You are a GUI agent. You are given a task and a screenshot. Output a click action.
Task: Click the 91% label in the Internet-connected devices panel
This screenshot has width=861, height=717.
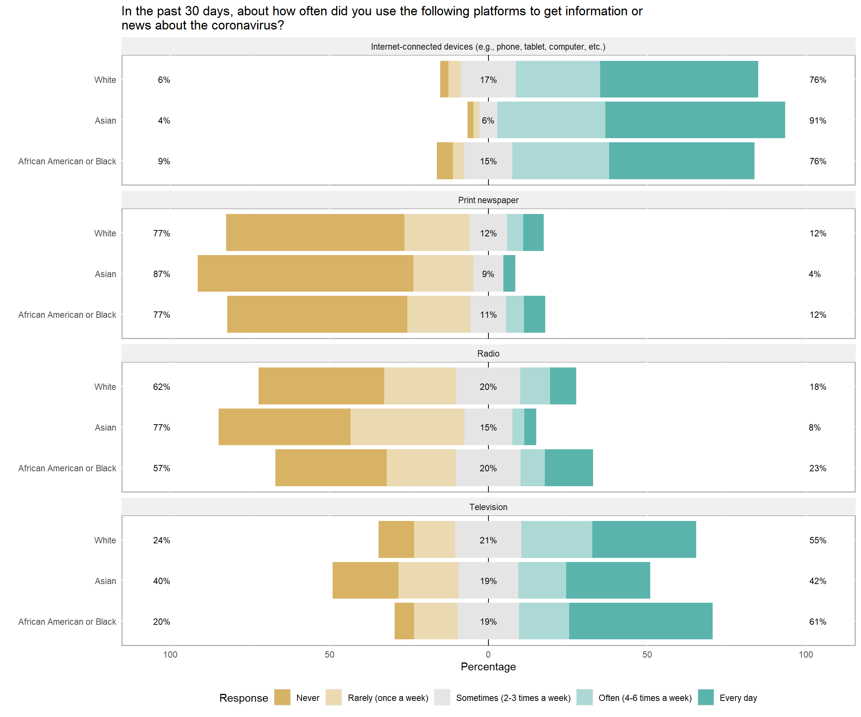817,121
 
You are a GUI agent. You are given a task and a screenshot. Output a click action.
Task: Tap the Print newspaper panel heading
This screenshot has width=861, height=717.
488,200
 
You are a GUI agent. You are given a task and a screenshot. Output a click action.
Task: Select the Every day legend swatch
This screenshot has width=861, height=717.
706,697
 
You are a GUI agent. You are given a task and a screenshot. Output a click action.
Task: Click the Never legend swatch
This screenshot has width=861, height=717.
282,697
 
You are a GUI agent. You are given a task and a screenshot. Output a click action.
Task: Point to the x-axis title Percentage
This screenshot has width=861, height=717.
488,667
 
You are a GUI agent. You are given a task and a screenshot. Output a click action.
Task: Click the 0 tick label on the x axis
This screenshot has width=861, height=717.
488,654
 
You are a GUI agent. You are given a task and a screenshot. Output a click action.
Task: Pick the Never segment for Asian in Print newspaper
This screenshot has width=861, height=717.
305,273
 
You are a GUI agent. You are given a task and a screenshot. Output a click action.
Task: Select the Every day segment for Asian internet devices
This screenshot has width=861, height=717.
695,120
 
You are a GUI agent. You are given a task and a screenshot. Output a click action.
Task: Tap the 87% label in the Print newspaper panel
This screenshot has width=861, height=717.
161,274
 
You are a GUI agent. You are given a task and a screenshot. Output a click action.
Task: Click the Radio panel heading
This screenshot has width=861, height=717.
488,354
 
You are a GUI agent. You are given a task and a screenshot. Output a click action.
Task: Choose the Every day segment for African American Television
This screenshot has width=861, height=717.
641,621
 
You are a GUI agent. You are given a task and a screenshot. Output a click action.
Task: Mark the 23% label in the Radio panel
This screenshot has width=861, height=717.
817,468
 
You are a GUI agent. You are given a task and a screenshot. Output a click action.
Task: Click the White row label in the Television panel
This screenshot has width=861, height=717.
105,540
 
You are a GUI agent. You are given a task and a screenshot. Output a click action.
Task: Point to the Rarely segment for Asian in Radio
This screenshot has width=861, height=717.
408,427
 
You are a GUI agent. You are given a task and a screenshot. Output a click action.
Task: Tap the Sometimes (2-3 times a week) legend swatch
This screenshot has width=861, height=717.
442,697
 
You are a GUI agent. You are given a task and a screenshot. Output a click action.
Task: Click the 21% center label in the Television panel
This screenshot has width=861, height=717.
488,540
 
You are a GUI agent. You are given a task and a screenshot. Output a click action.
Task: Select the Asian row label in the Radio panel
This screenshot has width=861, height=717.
105,427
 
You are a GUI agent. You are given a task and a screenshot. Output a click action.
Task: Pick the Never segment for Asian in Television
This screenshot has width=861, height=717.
365,580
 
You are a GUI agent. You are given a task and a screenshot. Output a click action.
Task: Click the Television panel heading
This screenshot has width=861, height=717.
488,507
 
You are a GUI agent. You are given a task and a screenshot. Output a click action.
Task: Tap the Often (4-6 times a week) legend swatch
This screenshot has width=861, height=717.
584,697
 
